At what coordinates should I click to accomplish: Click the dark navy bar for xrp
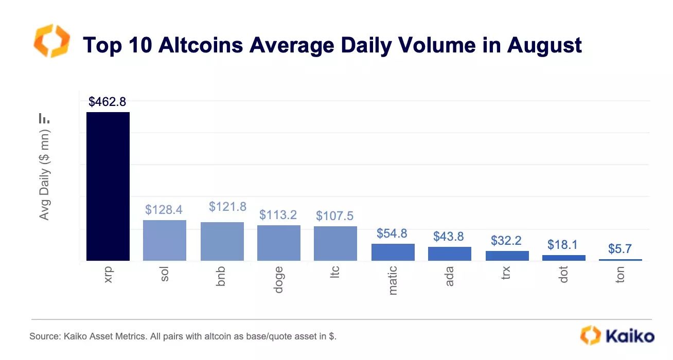pos(108,186)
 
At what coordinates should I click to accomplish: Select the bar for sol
pos(164,240)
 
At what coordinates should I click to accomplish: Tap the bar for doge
pos(278,243)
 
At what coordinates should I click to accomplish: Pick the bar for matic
pos(393,252)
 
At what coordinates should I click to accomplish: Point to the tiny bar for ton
pos(620,260)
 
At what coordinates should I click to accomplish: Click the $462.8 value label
pos(107,102)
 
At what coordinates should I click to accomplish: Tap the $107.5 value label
pos(335,215)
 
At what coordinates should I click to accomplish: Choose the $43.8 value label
pos(449,236)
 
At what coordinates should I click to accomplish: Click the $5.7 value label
pos(620,249)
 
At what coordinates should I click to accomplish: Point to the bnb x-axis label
pos(221,277)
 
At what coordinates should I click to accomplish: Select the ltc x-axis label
pos(335,274)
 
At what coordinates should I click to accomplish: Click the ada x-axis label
pos(449,276)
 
